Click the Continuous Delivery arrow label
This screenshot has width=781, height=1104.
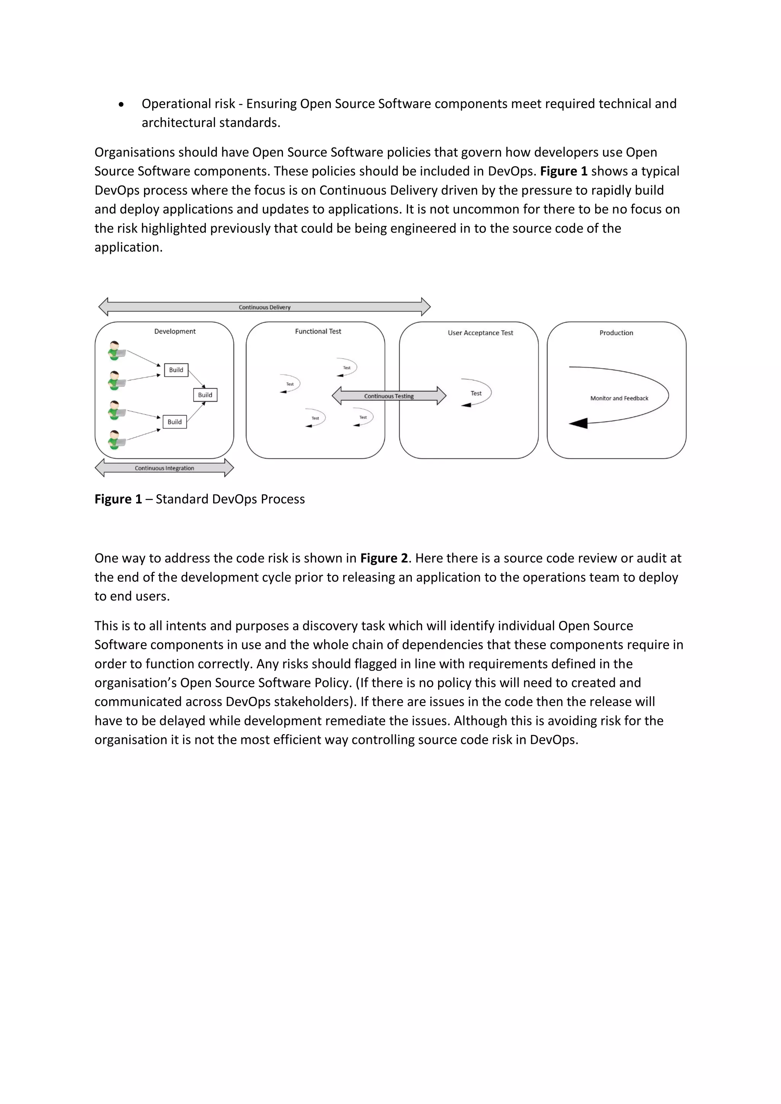click(265, 307)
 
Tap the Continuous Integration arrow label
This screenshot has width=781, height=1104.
click(164, 468)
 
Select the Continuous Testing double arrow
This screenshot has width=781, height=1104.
click(389, 396)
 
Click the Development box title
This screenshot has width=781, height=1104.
click(175, 331)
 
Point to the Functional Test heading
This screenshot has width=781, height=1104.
click(318, 331)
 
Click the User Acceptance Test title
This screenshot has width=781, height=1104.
click(480, 333)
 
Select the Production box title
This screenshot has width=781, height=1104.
click(616, 333)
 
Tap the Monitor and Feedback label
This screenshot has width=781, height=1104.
click(619, 398)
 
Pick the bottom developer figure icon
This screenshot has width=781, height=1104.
click(116, 439)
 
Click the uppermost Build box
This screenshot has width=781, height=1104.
click(176, 370)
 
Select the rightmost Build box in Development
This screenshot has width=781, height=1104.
click(205, 395)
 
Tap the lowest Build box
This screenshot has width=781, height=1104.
click(175, 422)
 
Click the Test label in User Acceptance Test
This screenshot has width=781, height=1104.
click(476, 393)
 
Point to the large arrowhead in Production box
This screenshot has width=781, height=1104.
click(579, 423)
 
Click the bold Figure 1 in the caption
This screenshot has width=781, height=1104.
click(118, 499)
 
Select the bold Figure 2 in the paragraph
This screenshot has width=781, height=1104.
click(383, 558)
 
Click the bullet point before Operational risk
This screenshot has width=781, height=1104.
click(121, 104)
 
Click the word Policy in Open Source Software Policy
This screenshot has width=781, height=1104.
click(332, 683)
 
